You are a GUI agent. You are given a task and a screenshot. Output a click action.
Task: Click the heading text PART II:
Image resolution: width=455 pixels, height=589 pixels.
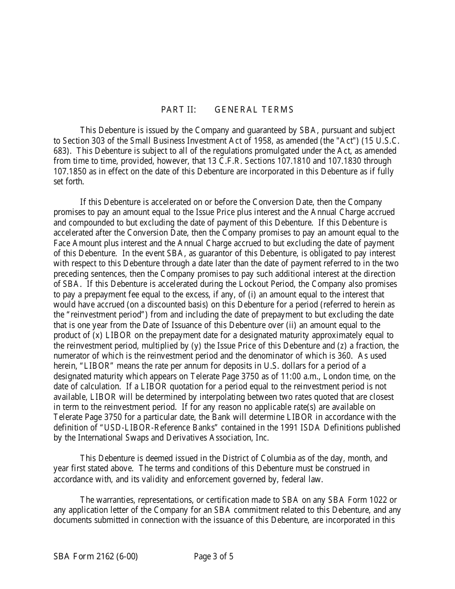(178, 110)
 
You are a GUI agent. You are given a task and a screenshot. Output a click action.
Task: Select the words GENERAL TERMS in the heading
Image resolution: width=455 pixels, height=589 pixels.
(254, 110)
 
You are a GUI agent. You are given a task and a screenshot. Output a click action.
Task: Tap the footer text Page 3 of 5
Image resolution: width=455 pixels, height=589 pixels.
(214, 556)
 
